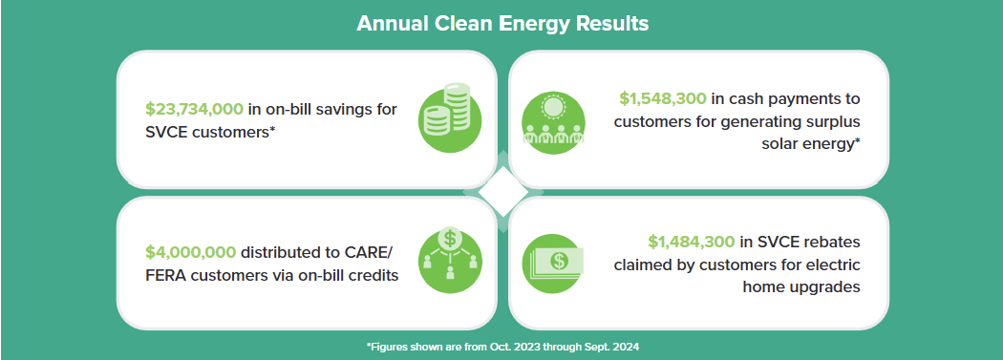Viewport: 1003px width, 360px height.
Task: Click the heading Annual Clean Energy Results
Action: click(502, 24)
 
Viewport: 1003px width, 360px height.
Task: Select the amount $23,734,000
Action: click(194, 109)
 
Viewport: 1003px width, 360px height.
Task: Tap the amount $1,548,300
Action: click(662, 98)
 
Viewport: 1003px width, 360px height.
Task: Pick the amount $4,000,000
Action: click(190, 252)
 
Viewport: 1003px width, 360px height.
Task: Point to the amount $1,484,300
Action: click(691, 242)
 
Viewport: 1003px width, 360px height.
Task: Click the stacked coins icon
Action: click(450, 114)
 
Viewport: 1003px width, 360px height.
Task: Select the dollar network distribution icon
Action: click(450, 261)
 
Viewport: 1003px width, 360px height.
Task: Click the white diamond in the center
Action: click(502, 192)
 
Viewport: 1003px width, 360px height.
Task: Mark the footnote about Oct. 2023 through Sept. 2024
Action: click(502, 347)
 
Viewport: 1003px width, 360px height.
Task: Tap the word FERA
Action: click(165, 276)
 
